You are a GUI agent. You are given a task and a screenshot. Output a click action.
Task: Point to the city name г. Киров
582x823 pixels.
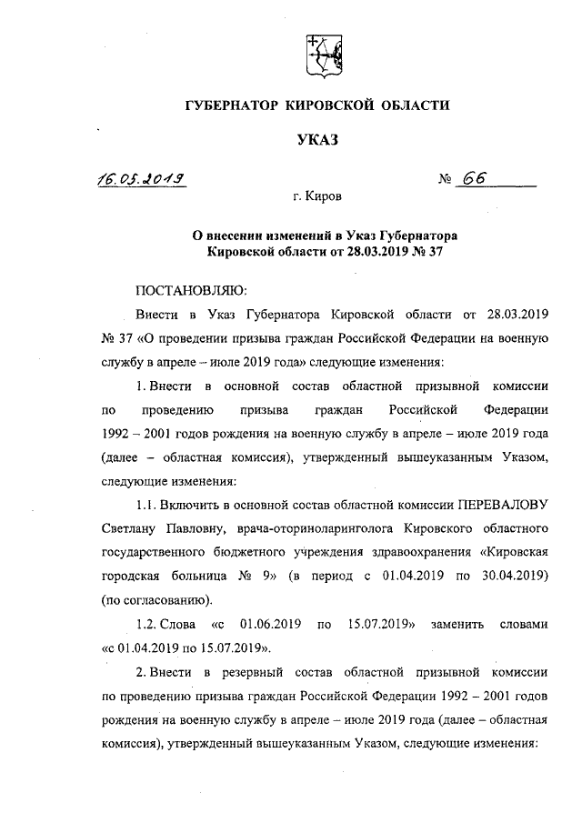click(317, 195)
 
